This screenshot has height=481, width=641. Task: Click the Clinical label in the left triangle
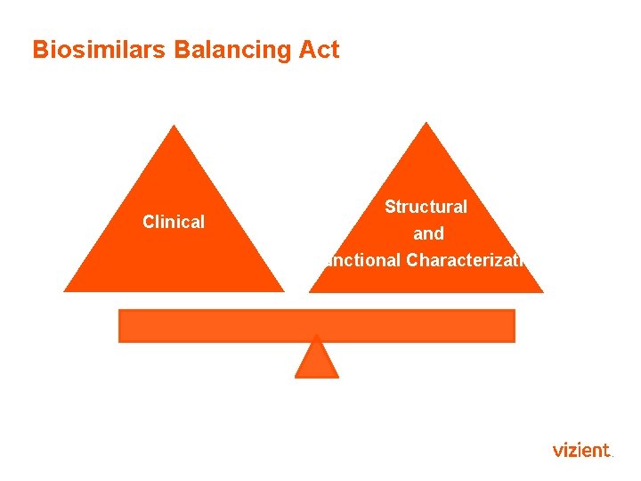tap(174, 222)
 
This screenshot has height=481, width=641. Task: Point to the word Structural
tap(426, 207)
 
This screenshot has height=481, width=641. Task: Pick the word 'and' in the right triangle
tap(428, 234)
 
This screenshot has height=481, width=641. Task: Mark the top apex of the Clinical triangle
tap(174, 126)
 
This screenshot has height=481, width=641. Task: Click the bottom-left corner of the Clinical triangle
tap(65, 290)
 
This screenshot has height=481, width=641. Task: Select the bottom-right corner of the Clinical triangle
tap(283, 290)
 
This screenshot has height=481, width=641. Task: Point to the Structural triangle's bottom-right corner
tap(542, 291)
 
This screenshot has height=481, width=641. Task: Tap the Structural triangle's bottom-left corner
tap(311, 291)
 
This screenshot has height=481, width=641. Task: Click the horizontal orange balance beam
tap(317, 325)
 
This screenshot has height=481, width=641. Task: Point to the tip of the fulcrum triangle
tap(317, 338)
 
